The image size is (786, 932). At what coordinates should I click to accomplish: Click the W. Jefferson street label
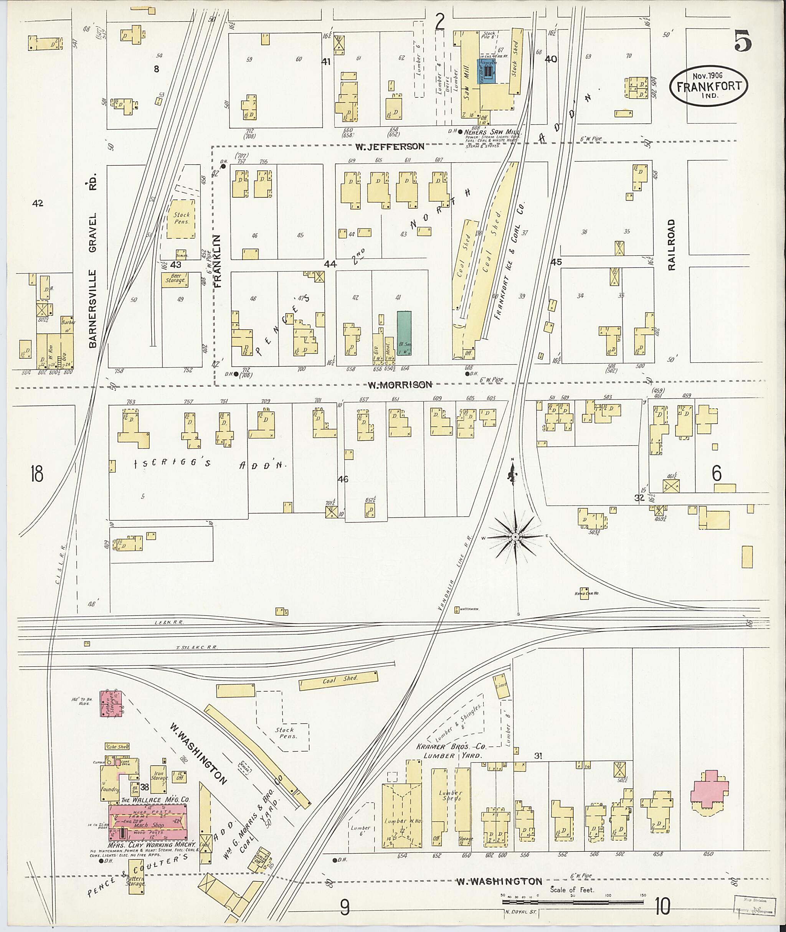pos(390,146)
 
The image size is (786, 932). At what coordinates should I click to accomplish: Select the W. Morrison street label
pos(399,384)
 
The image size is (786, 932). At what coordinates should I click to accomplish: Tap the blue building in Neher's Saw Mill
pos(487,71)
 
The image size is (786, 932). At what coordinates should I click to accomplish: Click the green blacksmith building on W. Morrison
pos(404,333)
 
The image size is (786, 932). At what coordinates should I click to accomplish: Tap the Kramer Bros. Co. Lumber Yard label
pos(450,751)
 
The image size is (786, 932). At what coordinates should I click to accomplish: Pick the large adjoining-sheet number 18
pos(37,473)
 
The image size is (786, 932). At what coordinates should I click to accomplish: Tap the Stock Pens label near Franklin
pos(182,218)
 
